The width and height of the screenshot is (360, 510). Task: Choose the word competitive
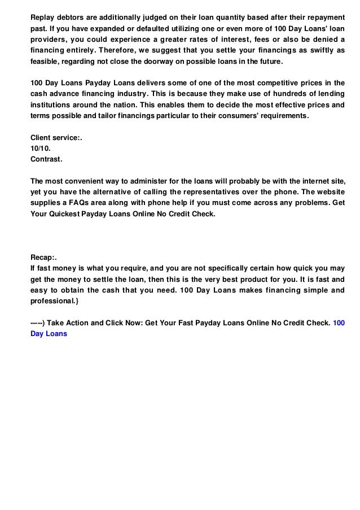tap(278, 82)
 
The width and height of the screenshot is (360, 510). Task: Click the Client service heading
tap(57, 138)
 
